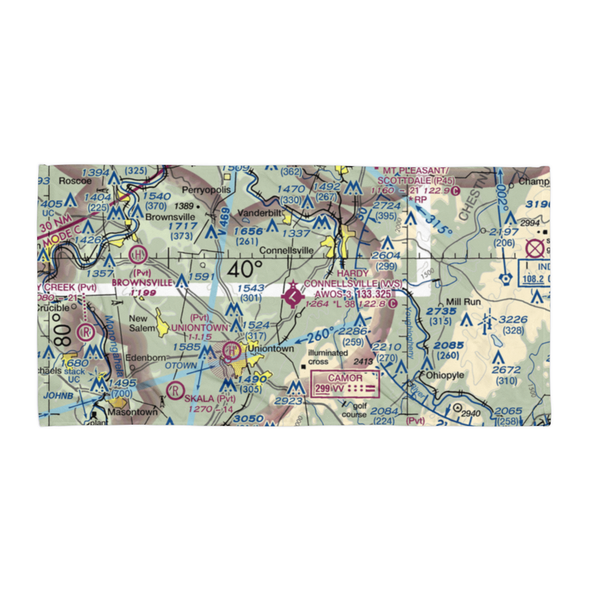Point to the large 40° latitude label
244,269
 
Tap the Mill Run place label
464,302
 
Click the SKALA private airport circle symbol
174,390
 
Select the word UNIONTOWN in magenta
199,327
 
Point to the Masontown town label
133,412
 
